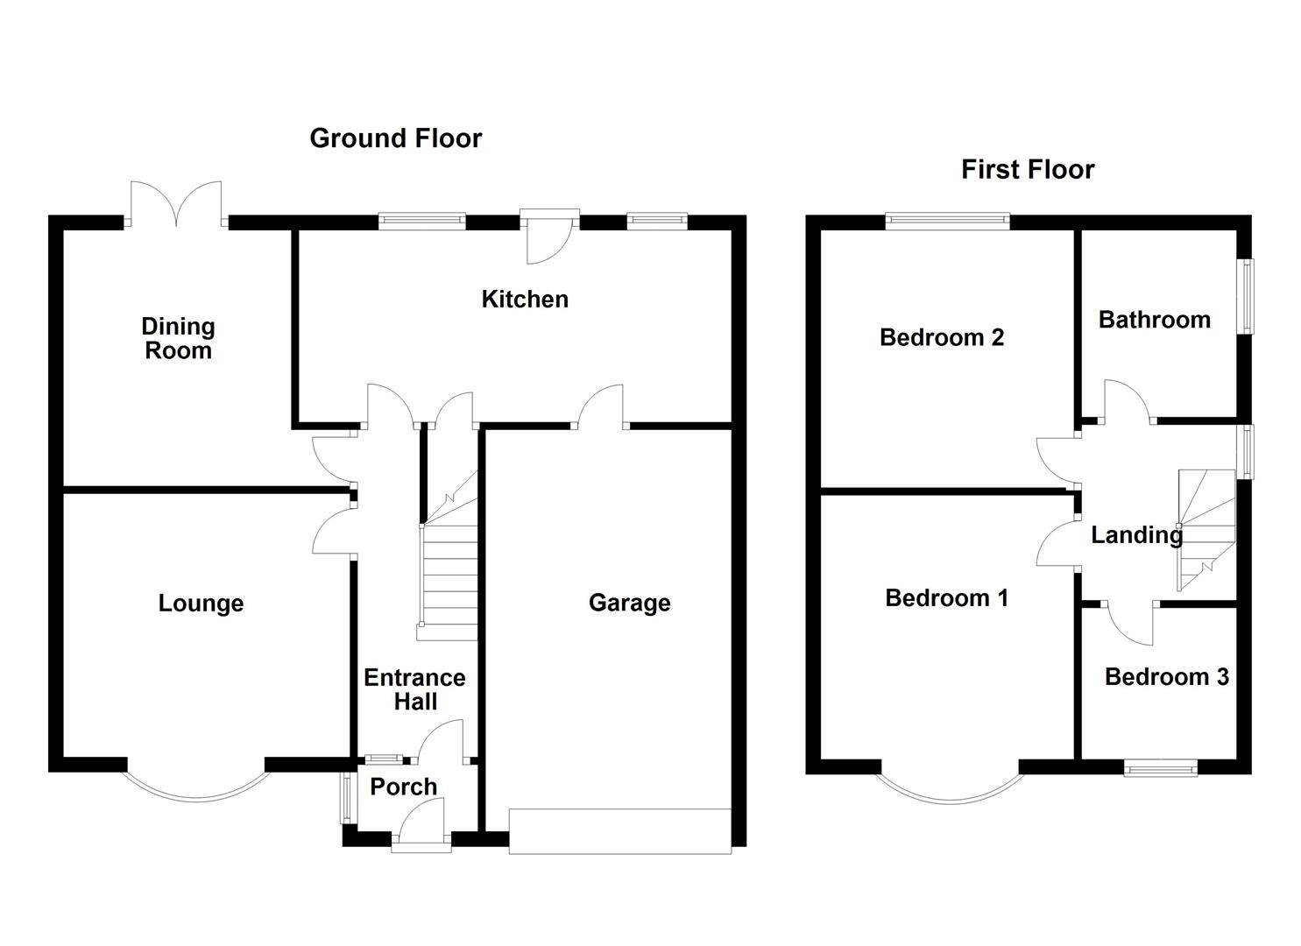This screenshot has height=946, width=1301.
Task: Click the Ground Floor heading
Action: pos(395,138)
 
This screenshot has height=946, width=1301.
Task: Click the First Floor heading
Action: pos(1027,169)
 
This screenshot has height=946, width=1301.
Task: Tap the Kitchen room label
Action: pos(525,300)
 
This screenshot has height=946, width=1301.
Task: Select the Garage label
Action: pos(629,603)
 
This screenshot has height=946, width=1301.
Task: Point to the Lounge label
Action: pos(201,604)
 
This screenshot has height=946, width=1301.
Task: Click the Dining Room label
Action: pos(178,338)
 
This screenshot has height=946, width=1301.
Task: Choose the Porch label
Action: pos(403,787)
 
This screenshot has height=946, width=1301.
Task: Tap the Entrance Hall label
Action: pos(414,689)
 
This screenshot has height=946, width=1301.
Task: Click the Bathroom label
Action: pos(1154,320)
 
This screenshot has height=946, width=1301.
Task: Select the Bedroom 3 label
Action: pos(1166,677)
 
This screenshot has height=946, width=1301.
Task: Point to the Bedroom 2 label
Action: pos(941,337)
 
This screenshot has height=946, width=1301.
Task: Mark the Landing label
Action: pos(1136,534)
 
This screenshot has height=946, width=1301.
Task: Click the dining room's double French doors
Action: pos(176,204)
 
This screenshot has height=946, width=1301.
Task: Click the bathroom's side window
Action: pos(1244,295)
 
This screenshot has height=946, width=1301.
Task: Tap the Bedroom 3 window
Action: pos(1161,767)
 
